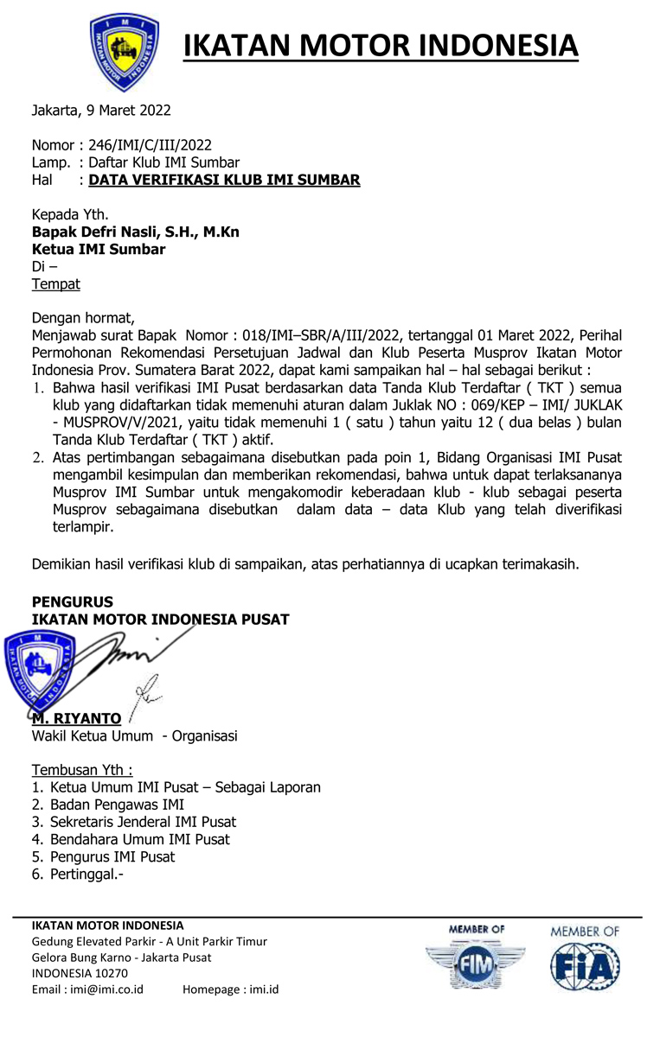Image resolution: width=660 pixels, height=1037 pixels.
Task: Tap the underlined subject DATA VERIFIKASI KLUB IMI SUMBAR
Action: click(224, 180)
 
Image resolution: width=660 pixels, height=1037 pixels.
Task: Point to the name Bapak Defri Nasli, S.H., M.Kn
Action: click(136, 232)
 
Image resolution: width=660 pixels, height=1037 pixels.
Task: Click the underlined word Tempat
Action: click(55, 283)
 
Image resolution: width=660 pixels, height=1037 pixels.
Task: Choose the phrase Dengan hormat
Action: click(83, 317)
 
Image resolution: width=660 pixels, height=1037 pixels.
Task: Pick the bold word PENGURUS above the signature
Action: click(72, 601)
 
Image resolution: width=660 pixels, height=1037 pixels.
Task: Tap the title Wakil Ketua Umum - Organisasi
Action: click(134, 736)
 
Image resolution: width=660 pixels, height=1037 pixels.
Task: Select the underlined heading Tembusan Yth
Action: click(82, 770)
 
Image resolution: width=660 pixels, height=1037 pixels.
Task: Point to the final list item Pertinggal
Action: click(87, 874)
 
